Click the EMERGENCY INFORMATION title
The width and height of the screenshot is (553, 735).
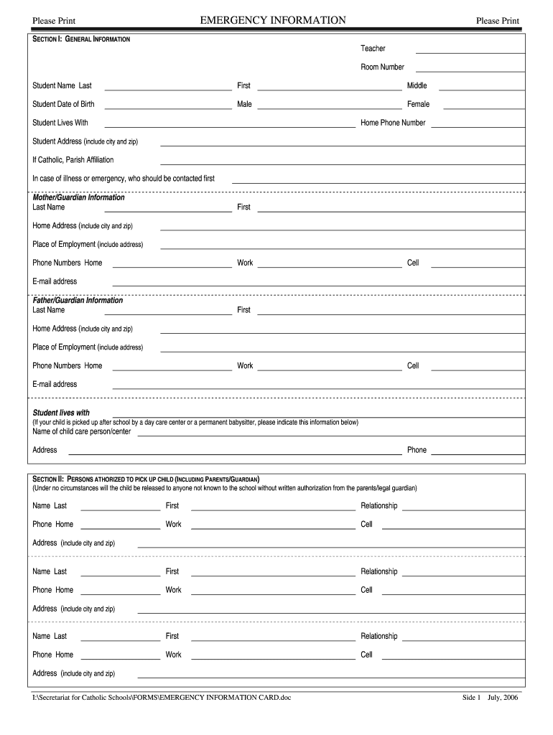click(x=273, y=20)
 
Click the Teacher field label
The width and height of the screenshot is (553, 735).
click(x=373, y=48)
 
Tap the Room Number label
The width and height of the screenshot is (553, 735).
click(x=382, y=67)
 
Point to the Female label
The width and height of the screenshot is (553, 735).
click(x=418, y=104)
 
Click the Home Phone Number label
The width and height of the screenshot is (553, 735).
click(x=393, y=123)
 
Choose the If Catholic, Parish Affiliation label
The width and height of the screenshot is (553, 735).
click(x=73, y=159)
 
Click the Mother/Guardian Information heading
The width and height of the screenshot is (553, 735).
click(x=78, y=197)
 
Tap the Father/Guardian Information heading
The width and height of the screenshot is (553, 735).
click(x=78, y=300)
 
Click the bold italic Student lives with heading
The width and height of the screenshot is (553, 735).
click(x=61, y=413)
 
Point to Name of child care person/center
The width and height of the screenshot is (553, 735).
click(x=81, y=431)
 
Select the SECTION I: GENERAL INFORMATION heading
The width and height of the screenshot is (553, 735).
click(x=81, y=38)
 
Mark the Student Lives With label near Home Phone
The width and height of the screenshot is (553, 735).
click(x=60, y=123)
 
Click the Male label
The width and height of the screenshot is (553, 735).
click(x=244, y=104)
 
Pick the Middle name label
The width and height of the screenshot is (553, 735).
click(x=417, y=85)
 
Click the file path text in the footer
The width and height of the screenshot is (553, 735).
click(x=162, y=697)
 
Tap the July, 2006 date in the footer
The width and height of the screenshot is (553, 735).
click(x=502, y=697)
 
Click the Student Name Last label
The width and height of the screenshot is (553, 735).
click(x=62, y=85)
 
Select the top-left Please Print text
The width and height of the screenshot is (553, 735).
click(x=54, y=21)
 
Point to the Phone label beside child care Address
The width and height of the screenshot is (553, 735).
click(x=417, y=450)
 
